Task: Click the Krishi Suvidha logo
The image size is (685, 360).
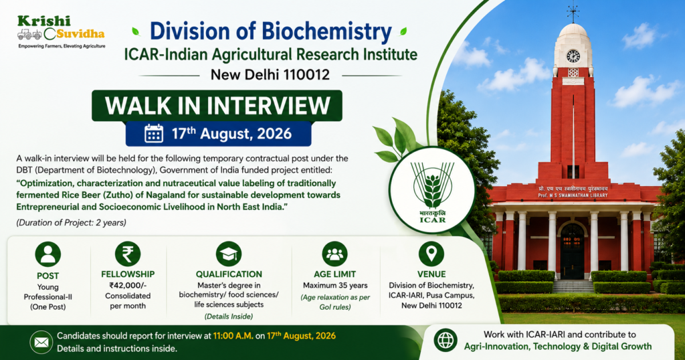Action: [61, 32]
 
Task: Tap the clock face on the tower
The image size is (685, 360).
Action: [573, 56]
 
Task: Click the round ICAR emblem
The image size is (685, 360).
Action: [432, 191]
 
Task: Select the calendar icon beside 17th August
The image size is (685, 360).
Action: [154, 133]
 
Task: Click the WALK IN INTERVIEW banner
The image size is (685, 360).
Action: [217, 105]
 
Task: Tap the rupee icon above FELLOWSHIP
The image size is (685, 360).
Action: [128, 254]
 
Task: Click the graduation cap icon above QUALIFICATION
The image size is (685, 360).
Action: [229, 254]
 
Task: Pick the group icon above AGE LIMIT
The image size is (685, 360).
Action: [334, 254]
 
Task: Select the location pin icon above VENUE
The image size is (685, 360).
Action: [431, 254]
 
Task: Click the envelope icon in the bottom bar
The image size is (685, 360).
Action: [41, 342]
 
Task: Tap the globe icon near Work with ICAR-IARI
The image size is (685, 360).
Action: [446, 341]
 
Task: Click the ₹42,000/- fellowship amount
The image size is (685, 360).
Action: [128, 285]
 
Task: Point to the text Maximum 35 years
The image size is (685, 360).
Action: [335, 285]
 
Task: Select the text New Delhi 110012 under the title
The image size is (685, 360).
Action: [270, 75]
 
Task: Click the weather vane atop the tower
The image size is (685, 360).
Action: [573, 12]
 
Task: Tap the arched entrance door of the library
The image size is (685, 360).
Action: [573, 250]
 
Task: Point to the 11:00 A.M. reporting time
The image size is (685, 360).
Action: [233, 336]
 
